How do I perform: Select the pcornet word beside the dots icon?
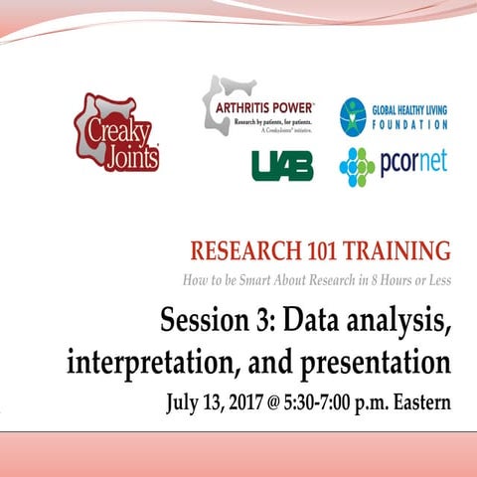(413, 163)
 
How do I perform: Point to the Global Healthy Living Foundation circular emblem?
(355, 116)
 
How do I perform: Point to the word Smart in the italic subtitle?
(274, 279)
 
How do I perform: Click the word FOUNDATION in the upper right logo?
(411, 126)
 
